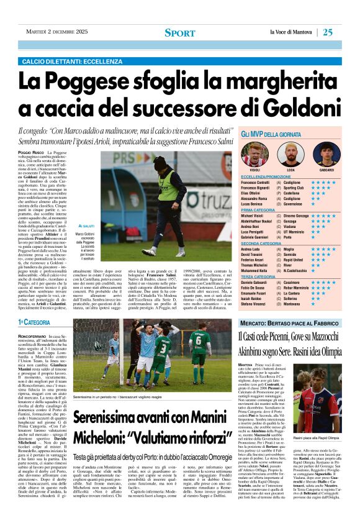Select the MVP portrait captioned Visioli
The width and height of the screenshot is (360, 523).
254,153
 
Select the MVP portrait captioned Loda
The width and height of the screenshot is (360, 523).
290,153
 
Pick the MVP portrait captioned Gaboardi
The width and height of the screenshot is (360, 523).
326,153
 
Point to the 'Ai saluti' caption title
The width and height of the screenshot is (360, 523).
86,227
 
